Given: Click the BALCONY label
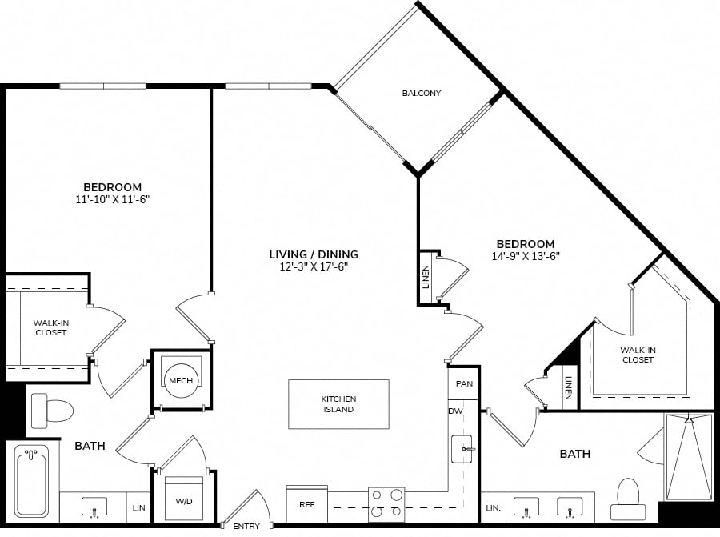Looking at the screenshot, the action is click(422, 94).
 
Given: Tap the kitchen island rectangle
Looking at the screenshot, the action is click(338, 404).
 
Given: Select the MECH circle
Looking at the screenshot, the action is click(181, 380).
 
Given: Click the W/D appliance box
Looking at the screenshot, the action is click(184, 499).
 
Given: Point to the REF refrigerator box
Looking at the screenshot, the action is click(306, 504).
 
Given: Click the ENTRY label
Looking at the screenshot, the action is click(246, 526).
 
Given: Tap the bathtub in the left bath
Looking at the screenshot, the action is click(30, 482).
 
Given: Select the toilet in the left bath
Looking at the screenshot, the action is click(52, 411).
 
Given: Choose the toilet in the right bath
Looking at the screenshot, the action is click(628, 499).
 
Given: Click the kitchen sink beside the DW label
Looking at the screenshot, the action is click(462, 449).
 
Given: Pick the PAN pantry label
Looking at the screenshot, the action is click(464, 383).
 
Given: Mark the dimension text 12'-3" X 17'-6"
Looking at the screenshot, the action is click(314, 266).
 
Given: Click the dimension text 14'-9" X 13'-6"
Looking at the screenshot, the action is click(526, 256).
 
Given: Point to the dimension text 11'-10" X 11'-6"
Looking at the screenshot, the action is click(113, 199).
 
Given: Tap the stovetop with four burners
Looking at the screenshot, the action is click(386, 504).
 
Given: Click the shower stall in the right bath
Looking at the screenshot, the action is click(689, 456).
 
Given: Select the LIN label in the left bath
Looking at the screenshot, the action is click(138, 507).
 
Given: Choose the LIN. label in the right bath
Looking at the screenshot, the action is click(493, 507).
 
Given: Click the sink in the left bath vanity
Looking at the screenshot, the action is click(94, 507).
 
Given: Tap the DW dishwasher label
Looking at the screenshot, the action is click(455, 411).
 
